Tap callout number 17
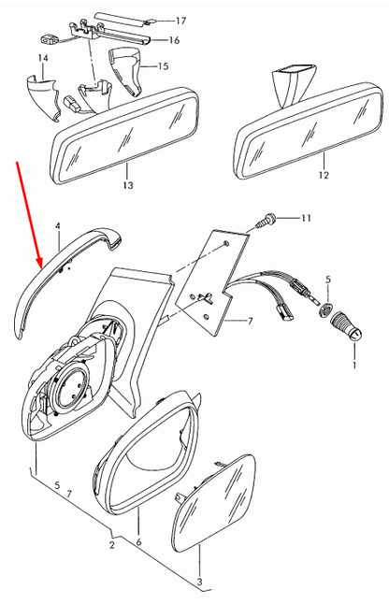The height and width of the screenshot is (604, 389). pos(181,20)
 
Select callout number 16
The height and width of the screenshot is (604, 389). pos(174,40)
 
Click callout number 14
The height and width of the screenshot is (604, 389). pos(43,59)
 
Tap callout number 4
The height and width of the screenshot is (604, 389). pos(57,226)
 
